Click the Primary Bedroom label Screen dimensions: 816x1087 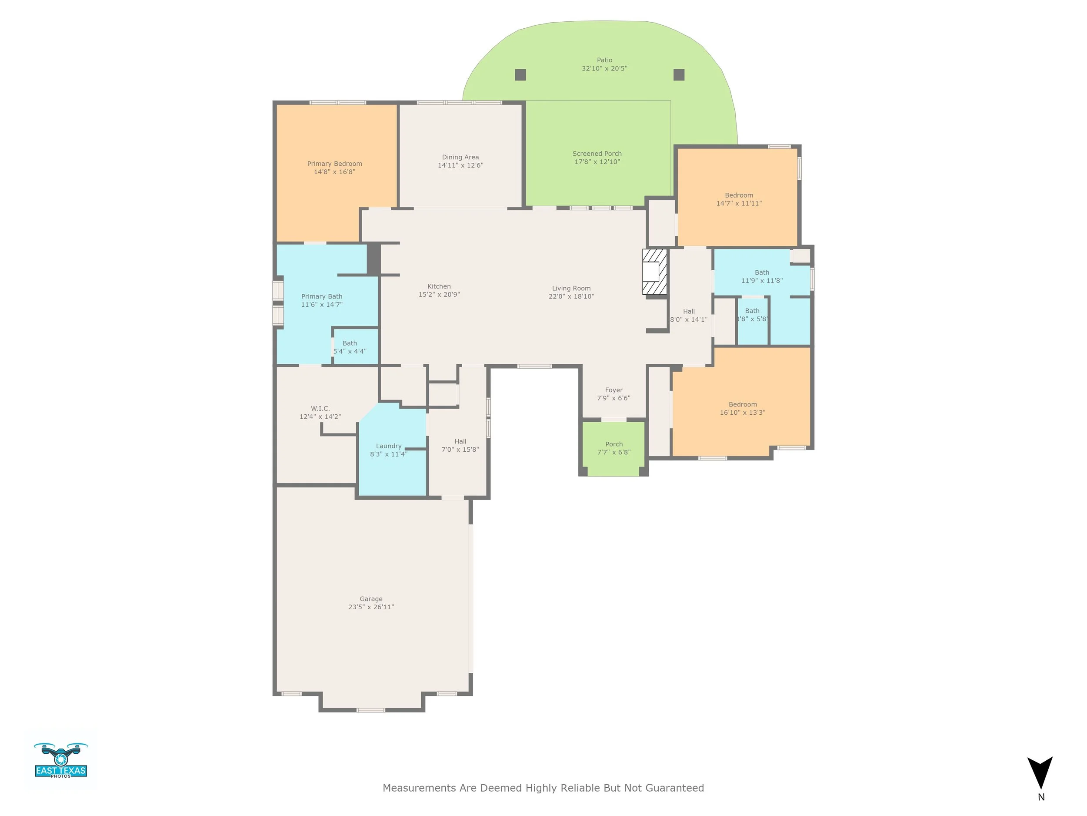coord(334,164)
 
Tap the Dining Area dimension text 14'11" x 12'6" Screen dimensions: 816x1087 coord(460,166)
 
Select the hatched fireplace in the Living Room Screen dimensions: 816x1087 coord(654,272)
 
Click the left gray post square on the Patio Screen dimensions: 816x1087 coord(520,75)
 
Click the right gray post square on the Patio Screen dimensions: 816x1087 coord(679,75)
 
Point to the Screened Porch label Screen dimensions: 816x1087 coord(597,154)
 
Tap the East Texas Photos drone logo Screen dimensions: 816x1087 coord(61,760)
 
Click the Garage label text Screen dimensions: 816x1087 coord(370,599)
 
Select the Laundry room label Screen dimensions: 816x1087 coord(388,446)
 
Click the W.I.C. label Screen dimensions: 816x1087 coord(320,409)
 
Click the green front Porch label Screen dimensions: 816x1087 coord(614,444)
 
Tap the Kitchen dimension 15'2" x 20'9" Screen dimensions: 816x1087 coord(439,295)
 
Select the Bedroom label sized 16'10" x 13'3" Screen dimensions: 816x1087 coord(743,405)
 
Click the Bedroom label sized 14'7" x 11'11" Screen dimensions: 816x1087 coord(739,195)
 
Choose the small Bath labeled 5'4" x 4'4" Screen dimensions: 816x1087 coord(350,347)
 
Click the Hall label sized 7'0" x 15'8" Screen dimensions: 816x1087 coord(460,442)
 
